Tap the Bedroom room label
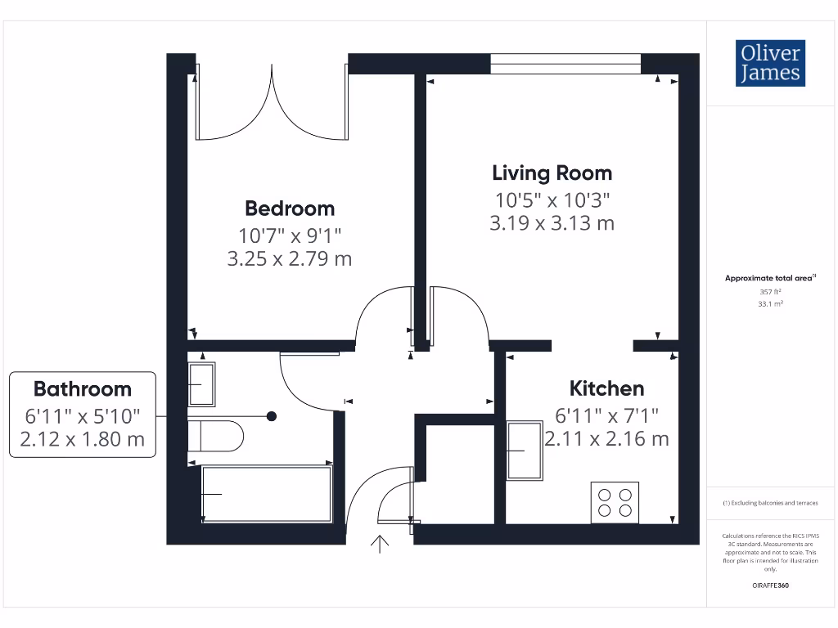[290, 209]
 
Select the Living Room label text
[552, 173]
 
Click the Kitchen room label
[606, 388]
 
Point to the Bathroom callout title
[82, 388]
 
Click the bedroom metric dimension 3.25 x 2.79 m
[290, 259]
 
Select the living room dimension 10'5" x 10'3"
[552, 199]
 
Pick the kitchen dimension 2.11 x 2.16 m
[606, 439]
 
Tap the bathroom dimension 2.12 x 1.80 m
[82, 439]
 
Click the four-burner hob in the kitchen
[615, 501]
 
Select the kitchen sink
[525, 451]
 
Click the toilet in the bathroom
[217, 436]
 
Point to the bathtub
[267, 494]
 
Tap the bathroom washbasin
[201, 384]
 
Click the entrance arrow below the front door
[381, 544]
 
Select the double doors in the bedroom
[271, 106]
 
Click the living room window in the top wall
[565, 64]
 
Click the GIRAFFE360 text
[769, 586]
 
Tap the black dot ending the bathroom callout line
[272, 416]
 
